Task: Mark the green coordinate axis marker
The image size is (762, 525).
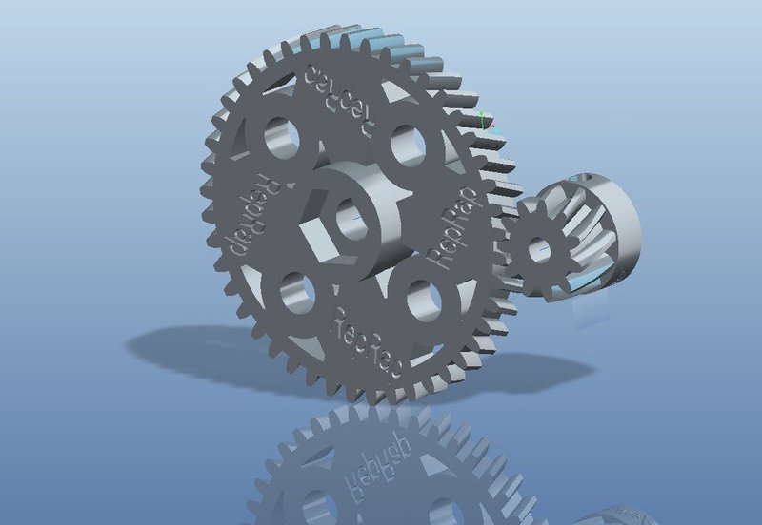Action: [x=484, y=121]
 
